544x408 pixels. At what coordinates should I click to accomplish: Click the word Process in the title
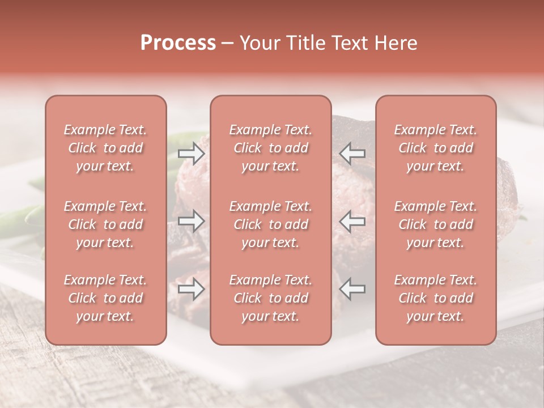click(x=178, y=43)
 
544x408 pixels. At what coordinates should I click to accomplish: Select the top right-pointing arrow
click(x=192, y=154)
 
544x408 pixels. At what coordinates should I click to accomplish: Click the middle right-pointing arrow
click(x=192, y=221)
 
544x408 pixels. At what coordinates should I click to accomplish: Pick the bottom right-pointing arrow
click(x=192, y=290)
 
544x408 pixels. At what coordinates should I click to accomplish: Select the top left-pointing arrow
click(x=352, y=153)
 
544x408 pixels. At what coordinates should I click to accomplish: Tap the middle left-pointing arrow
click(x=352, y=220)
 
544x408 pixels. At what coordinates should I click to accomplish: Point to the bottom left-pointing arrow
click(x=352, y=289)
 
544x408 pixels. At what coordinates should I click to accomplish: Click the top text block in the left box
click(x=105, y=148)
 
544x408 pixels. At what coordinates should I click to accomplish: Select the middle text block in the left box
click(x=105, y=224)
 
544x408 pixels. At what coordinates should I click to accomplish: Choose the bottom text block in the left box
click(x=105, y=298)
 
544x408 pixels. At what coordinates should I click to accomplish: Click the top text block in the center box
click(x=270, y=148)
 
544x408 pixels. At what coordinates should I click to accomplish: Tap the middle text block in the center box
click(x=270, y=224)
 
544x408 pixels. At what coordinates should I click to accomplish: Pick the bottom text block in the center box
click(x=270, y=298)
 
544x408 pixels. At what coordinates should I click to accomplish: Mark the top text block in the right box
click(x=435, y=148)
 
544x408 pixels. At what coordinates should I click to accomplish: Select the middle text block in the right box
click(x=435, y=224)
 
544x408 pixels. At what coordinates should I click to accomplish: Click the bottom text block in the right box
click(x=435, y=298)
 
